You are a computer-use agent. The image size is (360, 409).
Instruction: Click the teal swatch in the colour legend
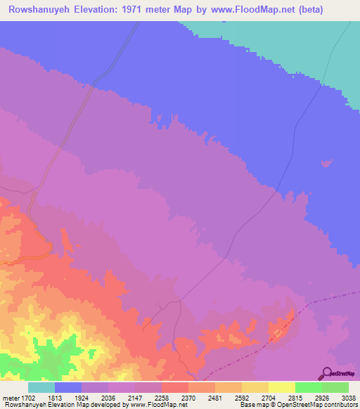pos(41,387)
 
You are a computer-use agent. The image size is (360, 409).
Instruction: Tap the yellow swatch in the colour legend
pos(282,387)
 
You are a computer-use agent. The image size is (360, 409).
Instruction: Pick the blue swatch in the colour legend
pos(68,387)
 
